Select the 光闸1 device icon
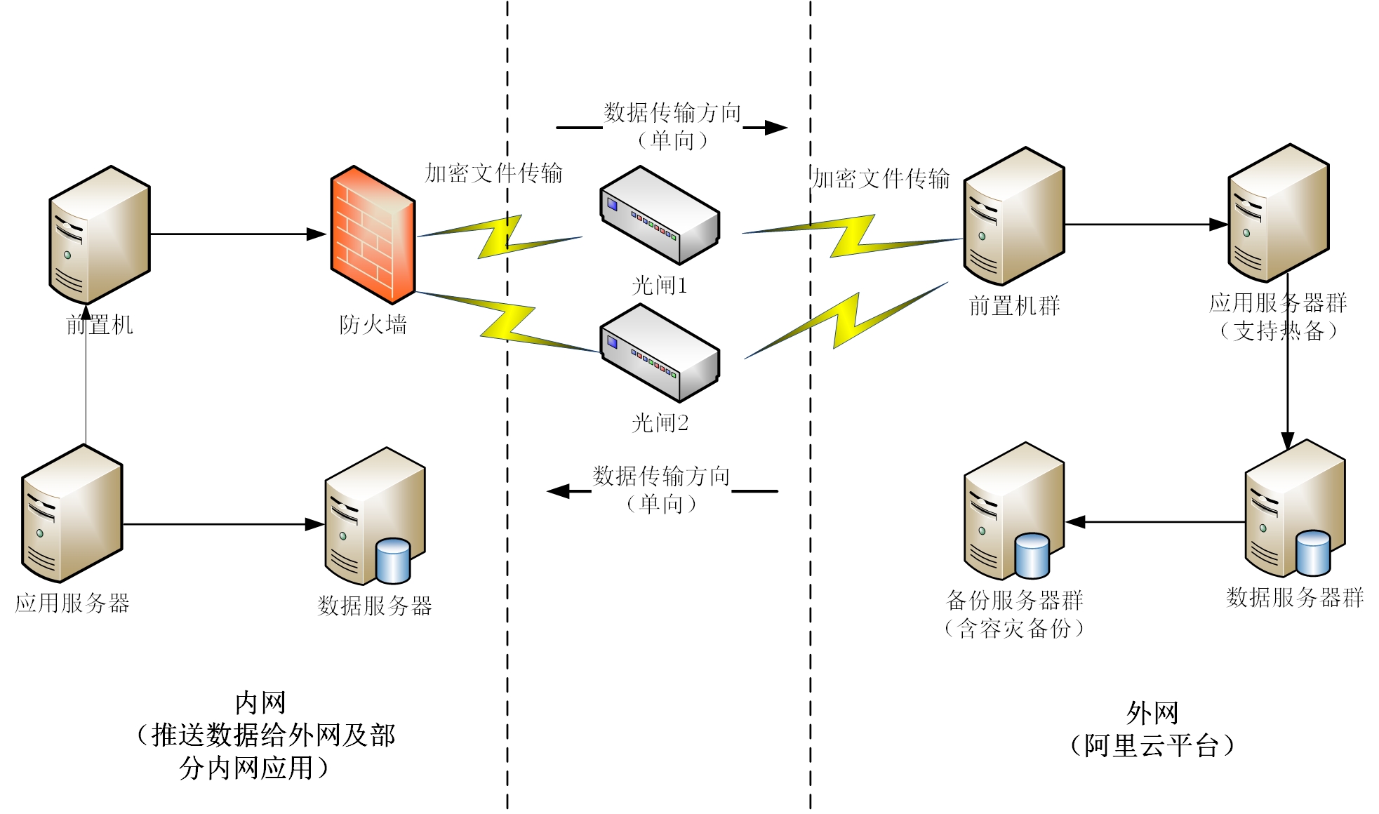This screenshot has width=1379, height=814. tap(660, 215)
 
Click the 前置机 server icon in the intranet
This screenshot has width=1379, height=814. tap(100, 235)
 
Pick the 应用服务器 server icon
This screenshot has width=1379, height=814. tap(72, 514)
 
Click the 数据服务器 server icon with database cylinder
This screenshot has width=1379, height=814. tap(375, 516)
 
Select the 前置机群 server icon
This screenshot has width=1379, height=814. tap(1014, 216)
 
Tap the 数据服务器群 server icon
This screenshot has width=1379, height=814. tap(1295, 509)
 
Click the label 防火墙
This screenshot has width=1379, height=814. tap(373, 324)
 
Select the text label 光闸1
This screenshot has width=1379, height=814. tap(660, 285)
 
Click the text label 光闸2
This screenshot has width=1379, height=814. tap(660, 422)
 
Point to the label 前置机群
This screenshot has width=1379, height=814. tap(1014, 305)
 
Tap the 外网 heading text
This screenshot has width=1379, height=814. tap(1152, 713)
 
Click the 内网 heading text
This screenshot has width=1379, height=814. tap(260, 702)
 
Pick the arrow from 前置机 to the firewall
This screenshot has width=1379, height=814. tap(239, 234)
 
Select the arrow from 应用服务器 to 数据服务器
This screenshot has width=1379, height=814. tap(224, 524)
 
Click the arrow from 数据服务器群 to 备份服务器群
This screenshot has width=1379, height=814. tap(1155, 522)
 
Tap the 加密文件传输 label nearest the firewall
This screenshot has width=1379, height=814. tap(494, 173)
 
